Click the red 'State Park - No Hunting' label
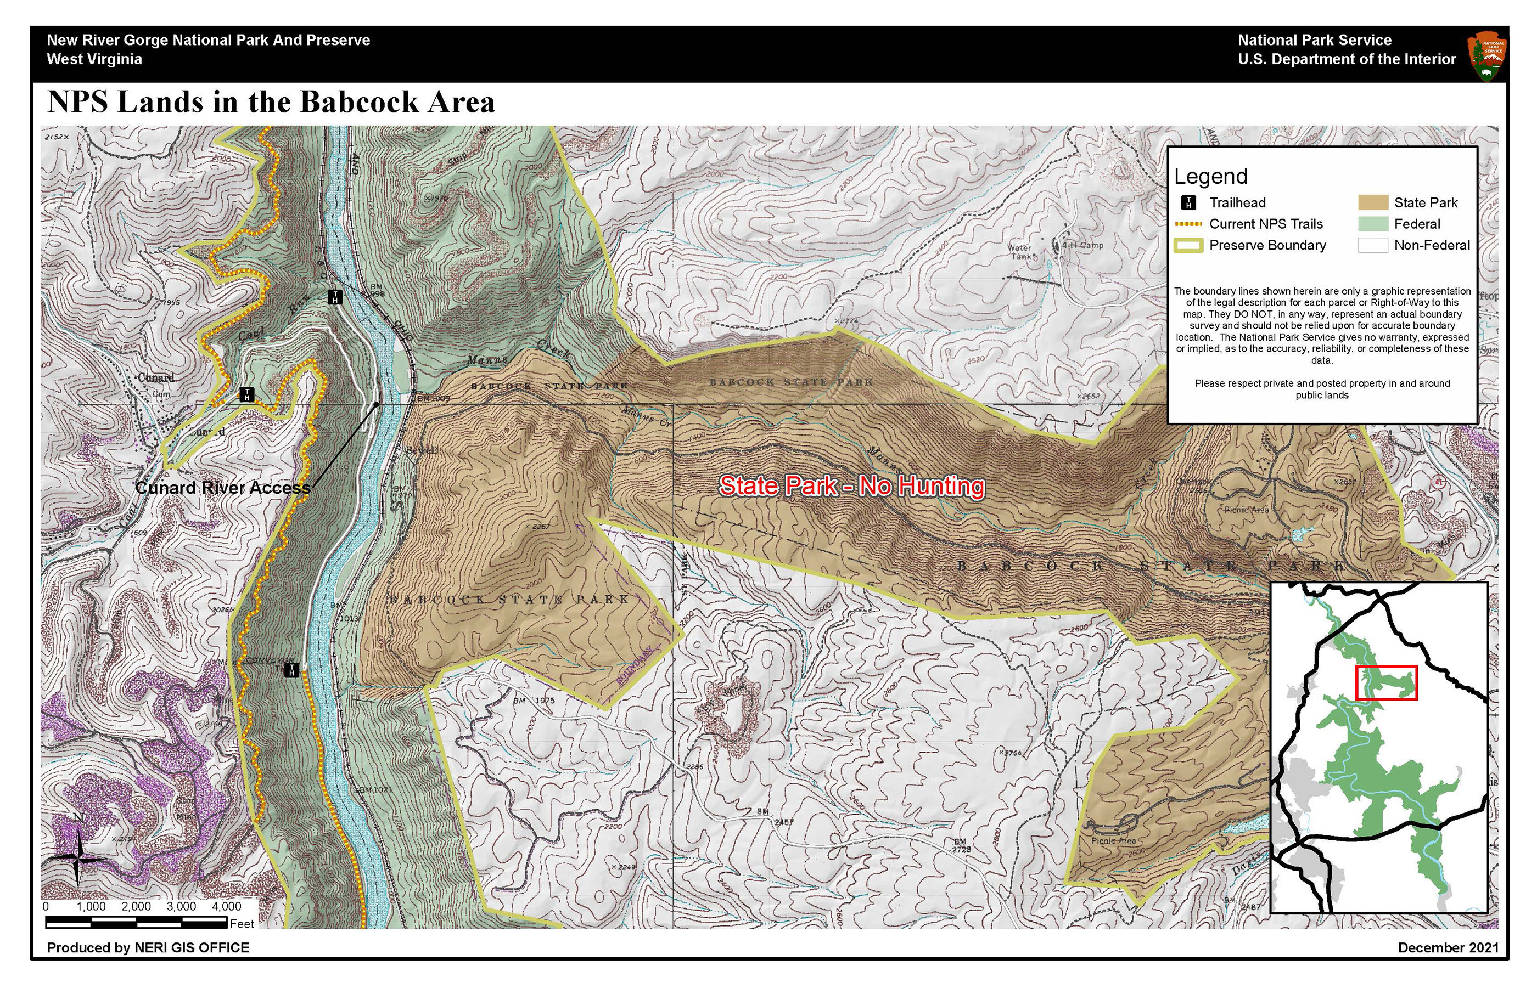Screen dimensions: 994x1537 coord(851,486)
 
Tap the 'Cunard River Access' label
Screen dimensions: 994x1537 coord(223,488)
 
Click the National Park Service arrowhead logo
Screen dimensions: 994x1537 coord(1488,58)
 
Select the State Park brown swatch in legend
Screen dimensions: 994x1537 coord(1372,202)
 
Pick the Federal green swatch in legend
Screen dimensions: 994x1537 coord(1372,224)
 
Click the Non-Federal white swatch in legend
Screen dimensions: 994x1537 coord(1372,245)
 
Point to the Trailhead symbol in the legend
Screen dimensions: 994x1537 coord(1188,202)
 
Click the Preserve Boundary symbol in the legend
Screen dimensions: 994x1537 coord(1188,245)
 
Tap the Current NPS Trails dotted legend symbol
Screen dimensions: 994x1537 coord(1188,224)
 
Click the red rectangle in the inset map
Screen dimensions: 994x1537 coord(1386,683)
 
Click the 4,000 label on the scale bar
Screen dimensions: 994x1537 coord(226,907)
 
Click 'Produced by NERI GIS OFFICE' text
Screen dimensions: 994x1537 coord(148,947)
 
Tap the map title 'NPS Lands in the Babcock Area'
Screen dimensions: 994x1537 coord(271,102)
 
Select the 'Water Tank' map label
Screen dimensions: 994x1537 coord(1020,252)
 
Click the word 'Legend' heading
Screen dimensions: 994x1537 coord(1210,176)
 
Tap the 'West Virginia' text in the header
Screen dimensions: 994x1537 coord(94,59)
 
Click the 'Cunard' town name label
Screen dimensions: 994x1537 coord(156,377)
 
